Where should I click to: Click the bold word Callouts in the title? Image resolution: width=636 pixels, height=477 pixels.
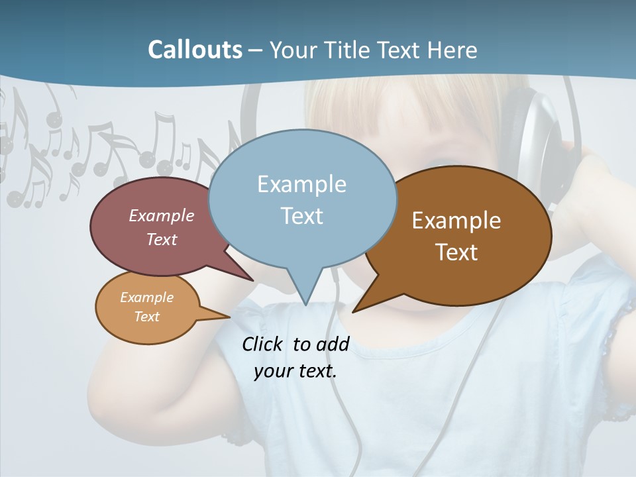click(x=195, y=50)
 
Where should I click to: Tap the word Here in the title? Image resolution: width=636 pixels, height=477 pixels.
click(x=450, y=50)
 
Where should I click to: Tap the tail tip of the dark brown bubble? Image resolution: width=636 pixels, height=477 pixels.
click(x=354, y=311)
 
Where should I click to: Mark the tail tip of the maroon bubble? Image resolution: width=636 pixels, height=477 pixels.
click(x=252, y=280)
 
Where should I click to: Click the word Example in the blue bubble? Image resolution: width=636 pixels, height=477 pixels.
click(x=301, y=184)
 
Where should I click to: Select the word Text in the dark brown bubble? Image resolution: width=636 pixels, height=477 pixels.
click(x=456, y=252)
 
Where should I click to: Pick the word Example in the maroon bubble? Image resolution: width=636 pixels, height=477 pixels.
click(x=162, y=216)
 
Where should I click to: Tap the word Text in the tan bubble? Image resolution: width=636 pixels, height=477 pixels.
click(x=146, y=317)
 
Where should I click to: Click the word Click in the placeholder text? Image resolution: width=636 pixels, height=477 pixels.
click(x=263, y=344)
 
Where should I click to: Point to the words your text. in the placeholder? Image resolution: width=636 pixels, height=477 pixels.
click(x=295, y=371)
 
